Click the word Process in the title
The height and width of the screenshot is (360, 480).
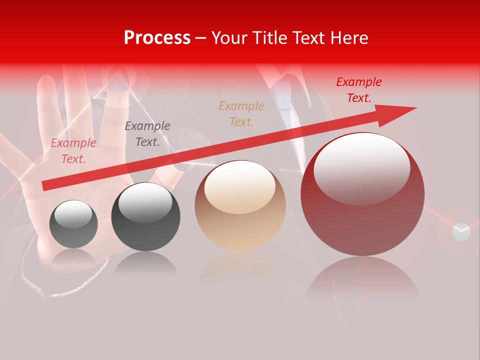tap(157, 38)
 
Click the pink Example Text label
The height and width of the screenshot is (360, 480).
tap(73, 151)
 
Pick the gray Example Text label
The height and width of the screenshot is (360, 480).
tap(147, 134)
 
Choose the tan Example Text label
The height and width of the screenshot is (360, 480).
tap(241, 113)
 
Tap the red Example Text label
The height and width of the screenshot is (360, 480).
tap(359, 90)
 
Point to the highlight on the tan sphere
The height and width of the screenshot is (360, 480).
tap(240, 186)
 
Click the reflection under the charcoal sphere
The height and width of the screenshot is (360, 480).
tap(145, 262)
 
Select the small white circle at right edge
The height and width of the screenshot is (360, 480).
tap(461, 231)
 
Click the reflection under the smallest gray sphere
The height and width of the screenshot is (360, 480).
tap(73, 256)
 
